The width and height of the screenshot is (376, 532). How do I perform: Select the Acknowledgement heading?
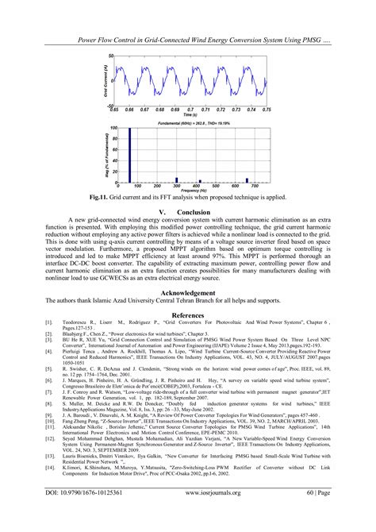pyautogui.click(x=189, y=293)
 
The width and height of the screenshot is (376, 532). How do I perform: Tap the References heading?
pyautogui.click(x=188, y=315)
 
